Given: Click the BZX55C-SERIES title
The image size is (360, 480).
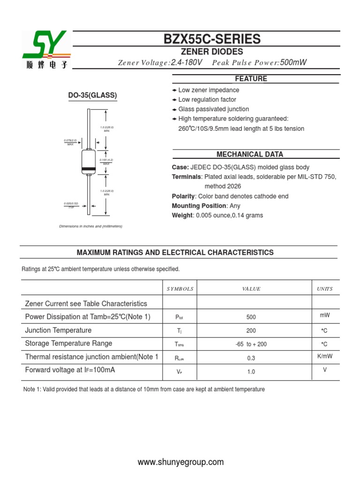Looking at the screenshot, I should point(212,39).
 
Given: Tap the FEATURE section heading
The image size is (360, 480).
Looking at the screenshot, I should point(251,79).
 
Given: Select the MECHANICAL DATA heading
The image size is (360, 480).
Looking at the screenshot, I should point(250,154).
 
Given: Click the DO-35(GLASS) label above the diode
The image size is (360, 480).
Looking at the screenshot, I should point(93,95).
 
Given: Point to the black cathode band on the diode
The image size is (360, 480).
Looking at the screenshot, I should point(89,169).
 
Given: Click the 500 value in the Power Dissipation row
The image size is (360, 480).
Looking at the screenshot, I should point(251,317).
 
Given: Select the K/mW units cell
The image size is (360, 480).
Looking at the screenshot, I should point(325,356).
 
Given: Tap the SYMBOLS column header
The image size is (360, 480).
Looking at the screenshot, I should point(180,289).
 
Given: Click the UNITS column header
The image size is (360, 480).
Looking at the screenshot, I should point(325,289).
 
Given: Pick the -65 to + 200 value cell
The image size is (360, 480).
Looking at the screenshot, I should point(251,344).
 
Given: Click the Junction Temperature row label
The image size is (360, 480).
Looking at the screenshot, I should point(58,330).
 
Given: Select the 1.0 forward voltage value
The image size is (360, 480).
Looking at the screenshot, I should point(251,372).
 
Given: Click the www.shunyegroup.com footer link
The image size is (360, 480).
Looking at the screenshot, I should point(181,462).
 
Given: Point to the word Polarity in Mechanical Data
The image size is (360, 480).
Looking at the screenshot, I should point(183,196).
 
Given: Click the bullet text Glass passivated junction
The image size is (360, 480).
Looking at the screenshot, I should point(214,109).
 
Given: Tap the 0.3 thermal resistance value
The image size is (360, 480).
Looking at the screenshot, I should point(251,358).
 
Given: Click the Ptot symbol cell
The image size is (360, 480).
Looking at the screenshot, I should point(180,317).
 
